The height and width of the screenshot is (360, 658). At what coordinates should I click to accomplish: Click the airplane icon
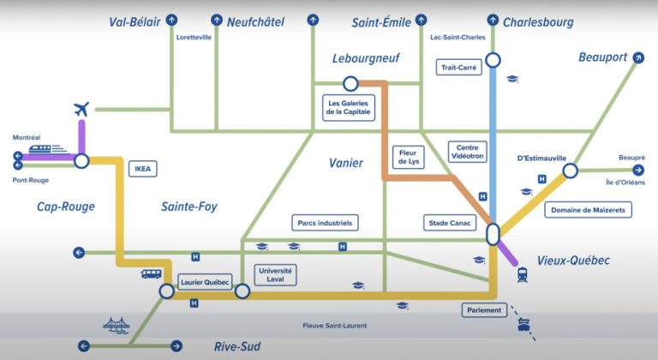tap(81, 110)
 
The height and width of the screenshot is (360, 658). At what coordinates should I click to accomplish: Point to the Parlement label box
tap(485, 310)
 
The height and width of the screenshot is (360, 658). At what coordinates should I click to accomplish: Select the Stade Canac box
tap(450, 223)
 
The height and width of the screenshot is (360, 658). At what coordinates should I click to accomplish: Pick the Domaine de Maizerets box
tap(588, 209)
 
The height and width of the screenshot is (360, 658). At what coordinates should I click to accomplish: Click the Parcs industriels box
tap(325, 223)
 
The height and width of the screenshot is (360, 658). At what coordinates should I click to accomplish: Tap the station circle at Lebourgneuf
tap(350, 83)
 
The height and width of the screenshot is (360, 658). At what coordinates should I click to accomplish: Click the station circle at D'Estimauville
tap(570, 171)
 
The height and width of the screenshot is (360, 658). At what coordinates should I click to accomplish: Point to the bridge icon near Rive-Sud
tap(116, 325)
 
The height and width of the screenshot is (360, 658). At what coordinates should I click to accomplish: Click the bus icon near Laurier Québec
tap(151, 274)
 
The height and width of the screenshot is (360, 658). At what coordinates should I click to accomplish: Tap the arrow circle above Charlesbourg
tap(493, 18)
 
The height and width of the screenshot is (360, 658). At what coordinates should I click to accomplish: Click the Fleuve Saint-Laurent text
tap(335, 326)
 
